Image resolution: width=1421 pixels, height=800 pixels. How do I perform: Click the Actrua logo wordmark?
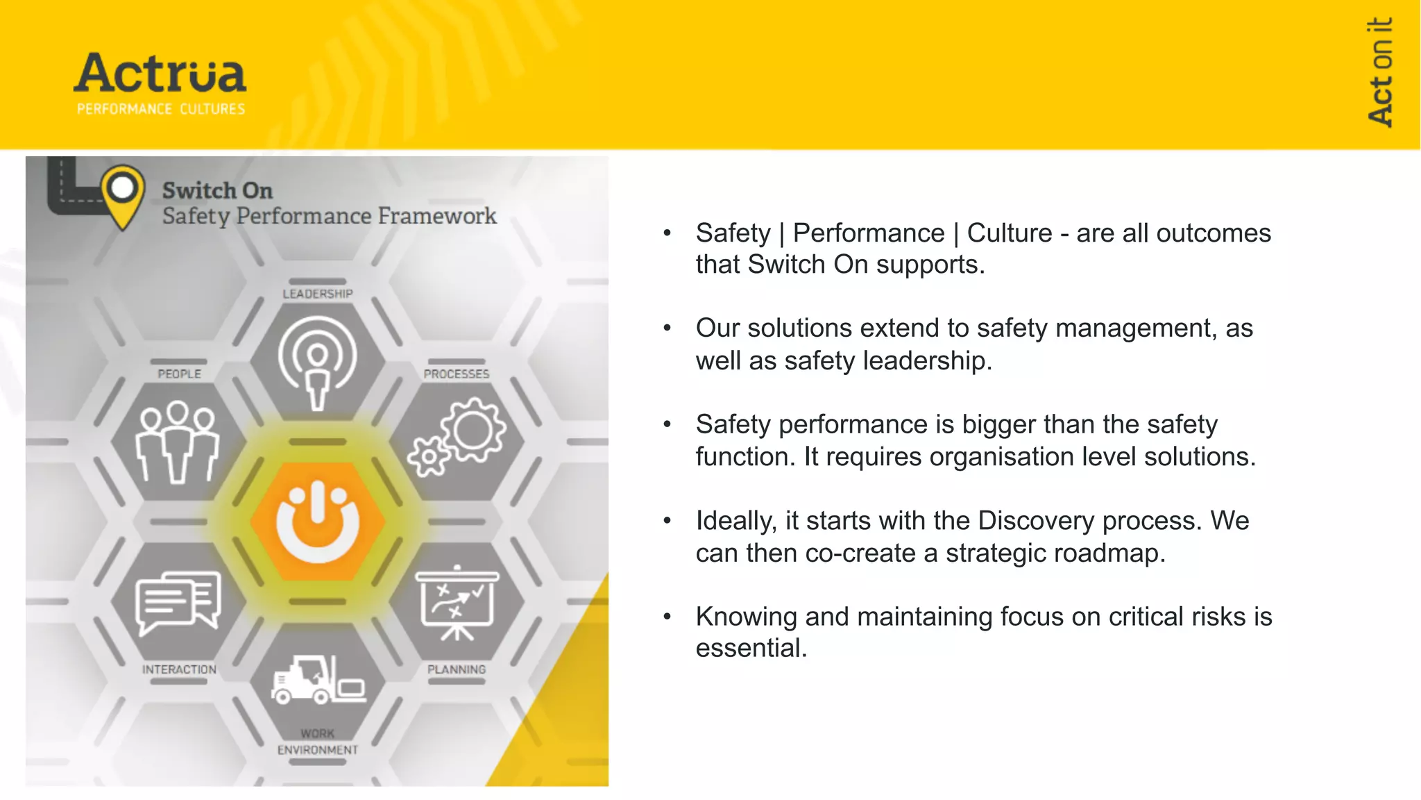(160, 73)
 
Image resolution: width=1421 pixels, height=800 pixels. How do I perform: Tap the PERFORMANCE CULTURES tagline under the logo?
(161, 109)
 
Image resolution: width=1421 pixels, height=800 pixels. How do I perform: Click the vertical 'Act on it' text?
(1380, 72)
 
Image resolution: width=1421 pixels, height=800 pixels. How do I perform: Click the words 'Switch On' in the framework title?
(217, 190)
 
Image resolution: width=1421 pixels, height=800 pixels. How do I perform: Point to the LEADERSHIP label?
(318, 294)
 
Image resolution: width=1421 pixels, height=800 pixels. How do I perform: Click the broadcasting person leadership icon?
(318, 361)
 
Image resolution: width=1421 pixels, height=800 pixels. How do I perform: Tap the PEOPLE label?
(179, 374)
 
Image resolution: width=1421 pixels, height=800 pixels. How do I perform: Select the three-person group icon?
(178, 442)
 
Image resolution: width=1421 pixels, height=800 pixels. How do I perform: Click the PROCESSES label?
(457, 374)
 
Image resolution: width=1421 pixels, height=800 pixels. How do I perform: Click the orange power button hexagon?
(318, 522)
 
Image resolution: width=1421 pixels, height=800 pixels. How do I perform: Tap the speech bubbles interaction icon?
(179, 601)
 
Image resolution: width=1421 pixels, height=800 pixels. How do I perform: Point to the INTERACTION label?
(179, 669)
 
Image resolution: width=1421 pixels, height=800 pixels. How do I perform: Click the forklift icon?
(318, 680)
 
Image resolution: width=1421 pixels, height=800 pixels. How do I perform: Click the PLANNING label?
(457, 669)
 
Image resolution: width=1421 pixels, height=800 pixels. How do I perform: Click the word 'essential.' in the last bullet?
(751, 648)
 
